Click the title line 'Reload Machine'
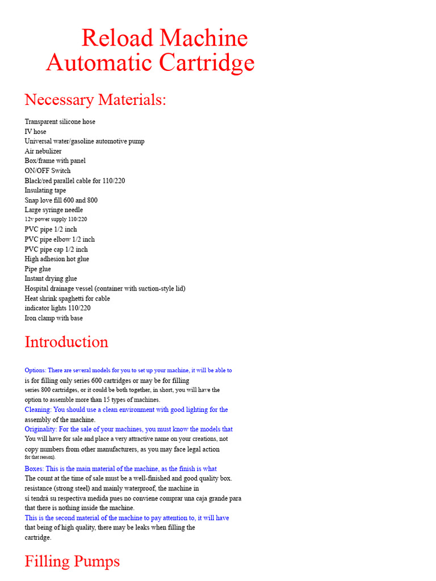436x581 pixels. point(165,38)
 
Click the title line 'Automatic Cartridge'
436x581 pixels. point(150,62)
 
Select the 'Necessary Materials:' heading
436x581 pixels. point(95,100)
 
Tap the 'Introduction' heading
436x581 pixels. point(66,342)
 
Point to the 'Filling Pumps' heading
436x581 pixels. point(72,561)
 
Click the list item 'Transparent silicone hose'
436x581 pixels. point(60,121)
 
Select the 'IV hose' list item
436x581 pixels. point(35,132)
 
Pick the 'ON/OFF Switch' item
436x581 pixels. point(48,171)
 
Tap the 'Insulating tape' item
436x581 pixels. point(45,191)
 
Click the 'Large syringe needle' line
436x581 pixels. point(53,210)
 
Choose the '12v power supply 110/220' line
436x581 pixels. point(56,220)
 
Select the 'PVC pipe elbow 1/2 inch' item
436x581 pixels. point(60,239)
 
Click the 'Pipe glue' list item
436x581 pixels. point(38,269)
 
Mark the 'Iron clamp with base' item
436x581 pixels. point(53,318)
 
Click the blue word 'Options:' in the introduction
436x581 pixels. point(36,371)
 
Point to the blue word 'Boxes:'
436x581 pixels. point(34,469)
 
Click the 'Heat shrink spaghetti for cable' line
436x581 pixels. point(67,298)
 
